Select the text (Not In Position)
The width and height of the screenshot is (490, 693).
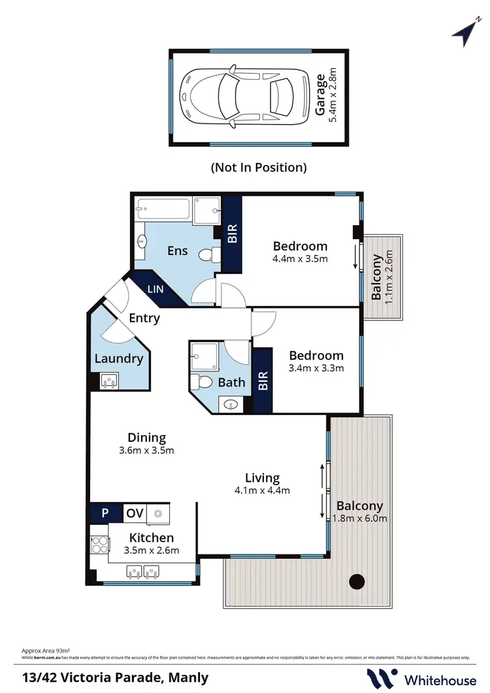[258, 167]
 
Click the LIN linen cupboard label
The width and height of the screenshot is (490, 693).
[155, 288]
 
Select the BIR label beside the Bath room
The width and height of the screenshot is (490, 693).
[263, 381]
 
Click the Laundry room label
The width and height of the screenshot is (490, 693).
[118, 358]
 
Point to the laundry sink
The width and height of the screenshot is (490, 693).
[109, 380]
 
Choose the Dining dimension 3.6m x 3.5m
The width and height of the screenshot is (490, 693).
[146, 450]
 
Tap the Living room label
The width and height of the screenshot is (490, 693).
[262, 478]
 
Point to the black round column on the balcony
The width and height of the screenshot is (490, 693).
[357, 581]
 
